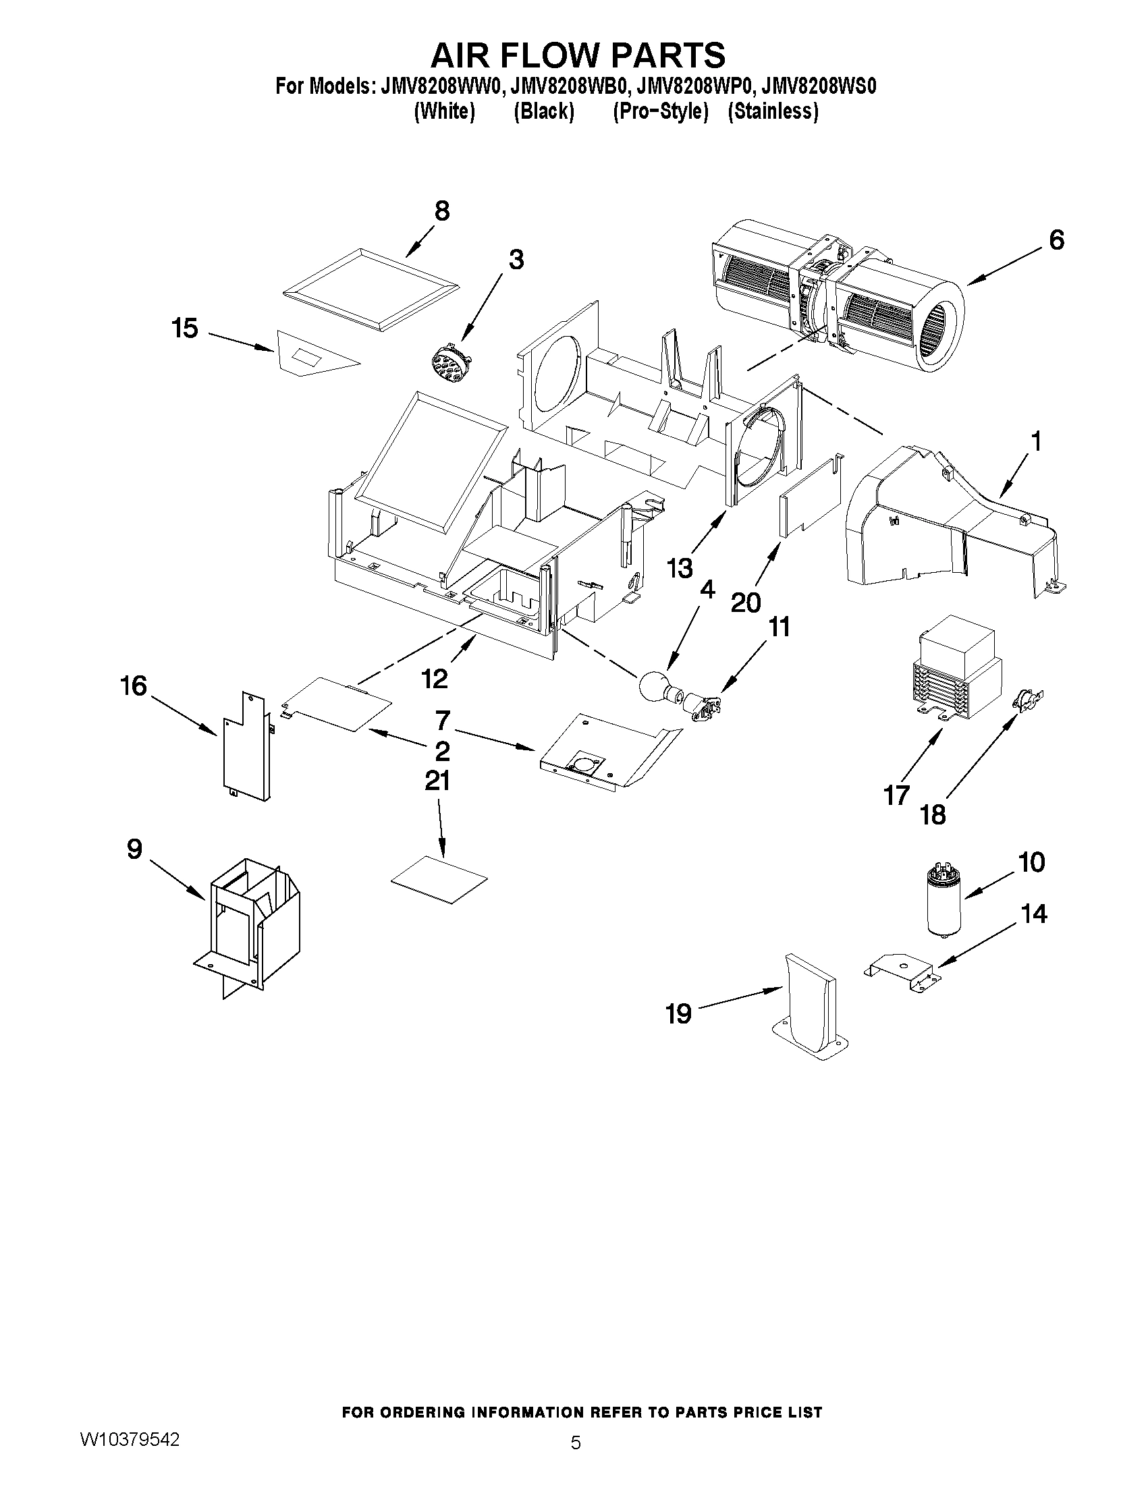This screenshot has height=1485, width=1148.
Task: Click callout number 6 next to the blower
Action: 1056,240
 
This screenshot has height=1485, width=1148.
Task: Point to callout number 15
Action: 184,329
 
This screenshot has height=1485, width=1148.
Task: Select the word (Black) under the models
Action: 543,111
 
